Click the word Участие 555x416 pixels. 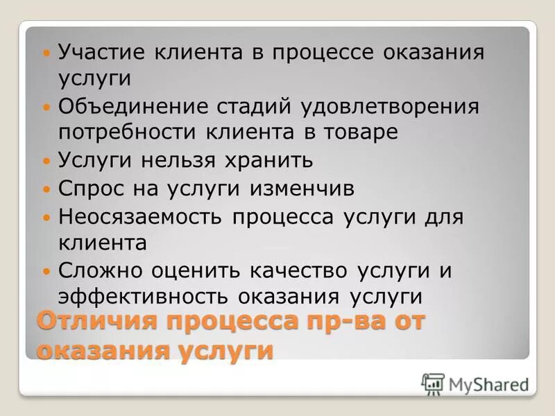point(101,53)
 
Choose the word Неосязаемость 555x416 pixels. point(141,216)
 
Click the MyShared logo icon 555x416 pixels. point(432,383)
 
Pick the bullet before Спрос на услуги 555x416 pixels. point(46,189)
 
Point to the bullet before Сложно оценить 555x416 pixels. point(46,271)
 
